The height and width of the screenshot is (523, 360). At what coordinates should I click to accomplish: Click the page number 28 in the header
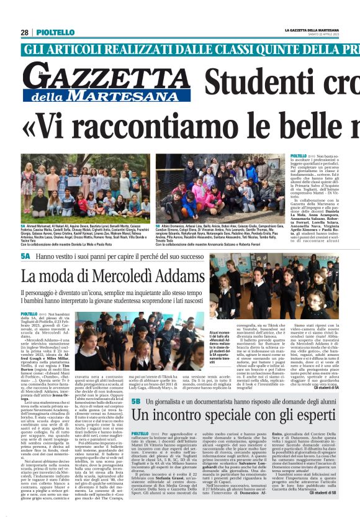point(25,32)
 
